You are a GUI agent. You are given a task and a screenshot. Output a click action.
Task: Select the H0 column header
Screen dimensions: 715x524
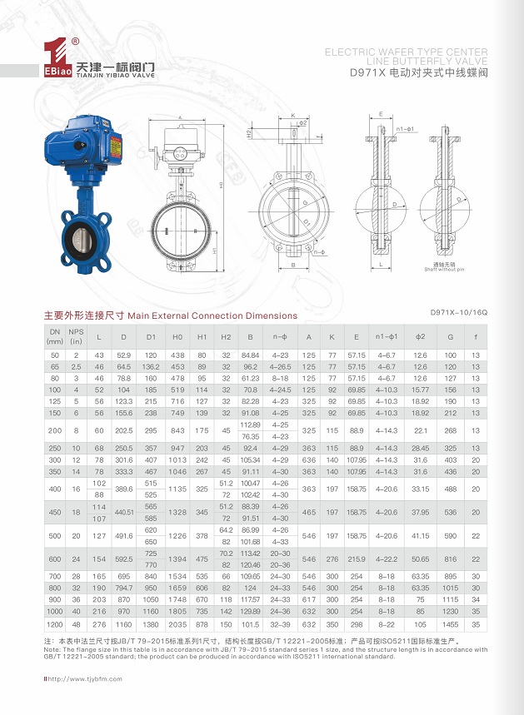pyautogui.click(x=177, y=336)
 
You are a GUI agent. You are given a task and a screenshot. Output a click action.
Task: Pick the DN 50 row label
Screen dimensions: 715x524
pyautogui.click(x=55, y=355)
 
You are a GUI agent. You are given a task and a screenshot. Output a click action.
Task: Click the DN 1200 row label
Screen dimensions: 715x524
pyautogui.click(x=55, y=623)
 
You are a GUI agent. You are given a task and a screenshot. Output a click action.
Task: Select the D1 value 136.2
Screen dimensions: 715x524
pyautogui.click(x=151, y=366)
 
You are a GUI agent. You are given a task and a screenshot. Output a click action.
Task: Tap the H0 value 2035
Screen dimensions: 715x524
pyautogui.click(x=177, y=623)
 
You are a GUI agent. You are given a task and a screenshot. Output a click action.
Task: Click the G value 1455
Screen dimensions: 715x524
pyautogui.click(x=451, y=623)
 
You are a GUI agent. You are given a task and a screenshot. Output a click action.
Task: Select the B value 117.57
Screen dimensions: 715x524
pyautogui.click(x=250, y=599)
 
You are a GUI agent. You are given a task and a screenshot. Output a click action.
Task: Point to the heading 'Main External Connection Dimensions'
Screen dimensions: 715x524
pyautogui.click(x=212, y=315)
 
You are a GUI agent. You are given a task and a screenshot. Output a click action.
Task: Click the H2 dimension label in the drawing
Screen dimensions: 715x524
pyautogui.click(x=249, y=132)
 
